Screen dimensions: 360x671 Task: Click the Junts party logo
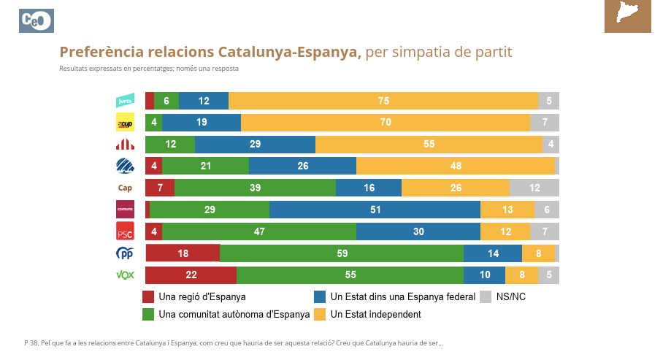(125, 101)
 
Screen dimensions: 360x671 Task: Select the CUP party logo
(125, 123)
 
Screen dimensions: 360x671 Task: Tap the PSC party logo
(125, 231)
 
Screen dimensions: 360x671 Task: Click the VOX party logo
(125, 275)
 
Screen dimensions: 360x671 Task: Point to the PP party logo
(125, 253)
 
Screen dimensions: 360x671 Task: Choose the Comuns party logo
(125, 210)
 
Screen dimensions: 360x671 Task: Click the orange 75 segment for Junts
(383, 101)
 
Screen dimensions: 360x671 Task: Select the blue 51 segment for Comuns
(375, 210)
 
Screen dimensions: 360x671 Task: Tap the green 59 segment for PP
(342, 253)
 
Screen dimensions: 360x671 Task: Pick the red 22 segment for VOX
(191, 275)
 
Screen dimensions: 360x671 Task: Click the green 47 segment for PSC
(258, 231)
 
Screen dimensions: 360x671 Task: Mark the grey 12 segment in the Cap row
(534, 188)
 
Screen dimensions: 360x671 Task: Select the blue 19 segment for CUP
(201, 123)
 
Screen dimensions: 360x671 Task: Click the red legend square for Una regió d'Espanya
(148, 297)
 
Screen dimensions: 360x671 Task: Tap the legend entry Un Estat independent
(375, 315)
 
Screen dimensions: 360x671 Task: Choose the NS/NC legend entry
(510, 297)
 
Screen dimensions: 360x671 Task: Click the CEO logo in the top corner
(37, 21)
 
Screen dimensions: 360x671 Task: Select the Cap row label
(125, 188)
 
